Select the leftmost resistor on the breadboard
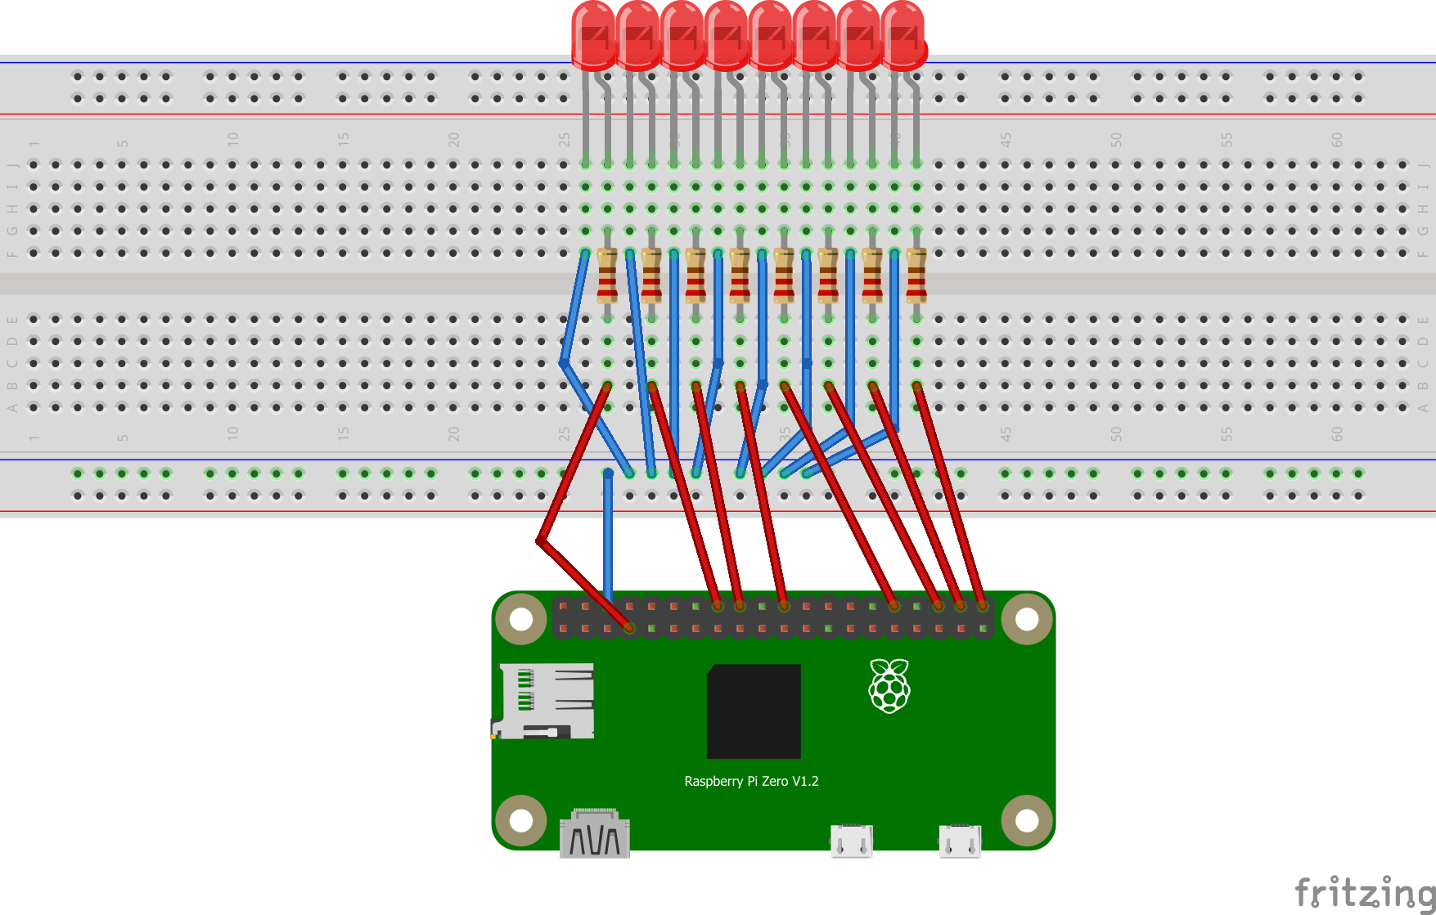click(607, 276)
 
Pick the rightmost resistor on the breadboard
click(916, 276)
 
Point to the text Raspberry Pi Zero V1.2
click(751, 781)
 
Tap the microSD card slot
click(544, 701)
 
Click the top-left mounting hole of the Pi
click(521, 619)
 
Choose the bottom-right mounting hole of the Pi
click(1027, 820)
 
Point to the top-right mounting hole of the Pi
click(1027, 619)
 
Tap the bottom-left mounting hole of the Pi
click(521, 820)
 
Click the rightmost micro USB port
click(960, 841)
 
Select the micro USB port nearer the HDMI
click(851, 841)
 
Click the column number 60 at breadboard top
click(1336, 140)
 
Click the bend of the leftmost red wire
click(541, 540)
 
